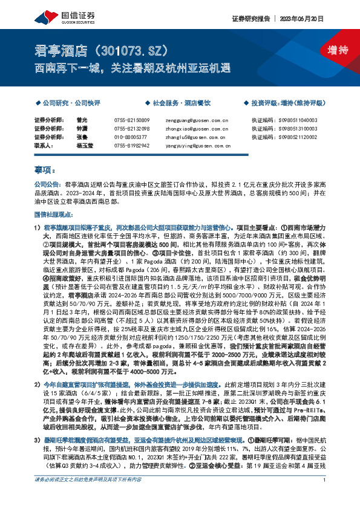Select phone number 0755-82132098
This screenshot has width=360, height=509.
[x=131, y=129]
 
